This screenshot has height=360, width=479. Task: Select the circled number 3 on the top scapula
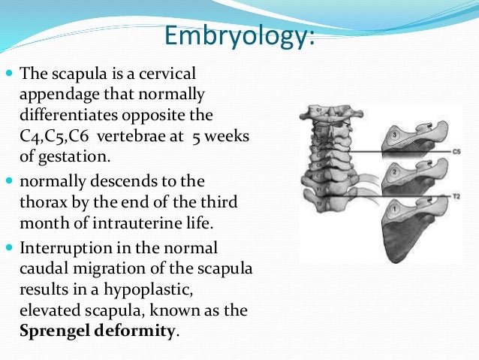click(x=396, y=135)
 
